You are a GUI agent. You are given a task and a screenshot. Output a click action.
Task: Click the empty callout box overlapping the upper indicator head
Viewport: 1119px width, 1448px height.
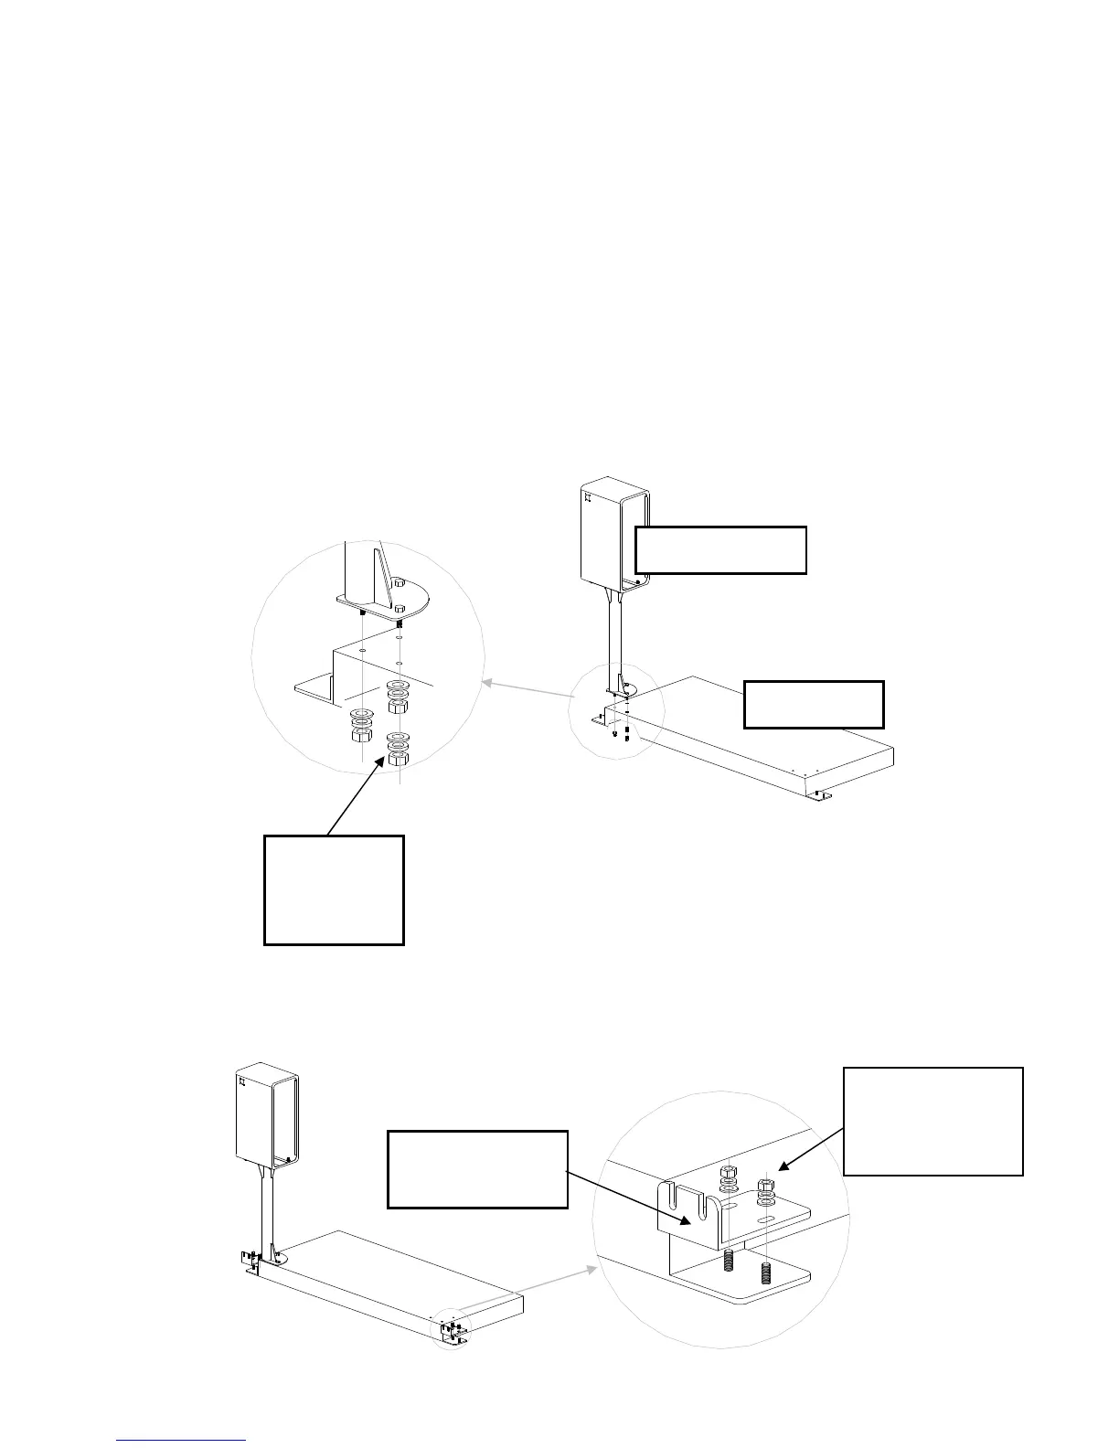click(720, 549)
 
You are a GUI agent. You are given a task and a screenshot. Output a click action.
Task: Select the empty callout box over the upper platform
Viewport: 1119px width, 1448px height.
click(814, 704)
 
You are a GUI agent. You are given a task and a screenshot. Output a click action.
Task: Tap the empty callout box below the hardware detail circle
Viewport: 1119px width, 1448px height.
click(334, 889)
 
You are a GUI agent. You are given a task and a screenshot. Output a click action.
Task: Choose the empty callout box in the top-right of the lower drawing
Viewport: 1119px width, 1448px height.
click(932, 1120)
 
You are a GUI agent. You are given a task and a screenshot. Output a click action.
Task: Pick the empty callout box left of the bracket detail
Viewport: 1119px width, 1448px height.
click(477, 1169)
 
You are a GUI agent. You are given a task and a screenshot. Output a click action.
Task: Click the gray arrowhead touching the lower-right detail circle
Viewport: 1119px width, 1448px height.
click(593, 1269)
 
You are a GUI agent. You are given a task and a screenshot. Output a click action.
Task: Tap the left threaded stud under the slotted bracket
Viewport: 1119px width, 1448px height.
click(730, 1262)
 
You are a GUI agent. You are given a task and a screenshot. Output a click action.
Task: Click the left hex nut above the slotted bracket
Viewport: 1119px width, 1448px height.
click(727, 1172)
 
